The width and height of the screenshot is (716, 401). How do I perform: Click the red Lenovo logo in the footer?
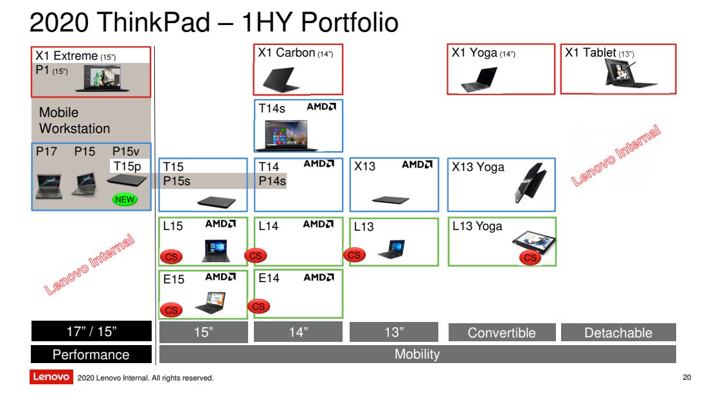click(x=51, y=377)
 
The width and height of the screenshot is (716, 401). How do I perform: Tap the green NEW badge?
click(x=125, y=200)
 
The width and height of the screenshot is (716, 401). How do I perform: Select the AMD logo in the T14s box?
click(x=321, y=107)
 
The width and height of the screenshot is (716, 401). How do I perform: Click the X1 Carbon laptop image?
click(x=280, y=80)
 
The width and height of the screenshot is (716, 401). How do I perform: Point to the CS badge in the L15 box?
click(x=171, y=256)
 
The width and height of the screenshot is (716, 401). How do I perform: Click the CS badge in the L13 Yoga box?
click(x=530, y=258)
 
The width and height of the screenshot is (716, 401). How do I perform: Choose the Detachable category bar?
click(x=618, y=332)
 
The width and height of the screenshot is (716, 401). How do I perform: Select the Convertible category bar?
click(x=502, y=332)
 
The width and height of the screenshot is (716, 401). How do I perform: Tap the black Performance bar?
click(x=91, y=355)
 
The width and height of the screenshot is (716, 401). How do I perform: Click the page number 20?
click(x=687, y=377)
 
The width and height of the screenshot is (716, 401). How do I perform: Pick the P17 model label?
click(x=46, y=151)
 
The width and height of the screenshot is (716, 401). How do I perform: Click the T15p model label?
click(x=127, y=166)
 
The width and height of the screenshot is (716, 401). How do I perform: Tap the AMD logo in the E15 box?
click(x=220, y=277)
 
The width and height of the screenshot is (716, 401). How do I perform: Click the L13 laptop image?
click(x=392, y=249)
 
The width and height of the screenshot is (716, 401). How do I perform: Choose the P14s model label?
click(x=272, y=181)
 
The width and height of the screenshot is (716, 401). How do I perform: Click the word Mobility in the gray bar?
click(x=417, y=354)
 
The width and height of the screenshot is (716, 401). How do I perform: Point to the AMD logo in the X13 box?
click(x=417, y=165)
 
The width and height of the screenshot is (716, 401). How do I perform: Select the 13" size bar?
click(x=394, y=332)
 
